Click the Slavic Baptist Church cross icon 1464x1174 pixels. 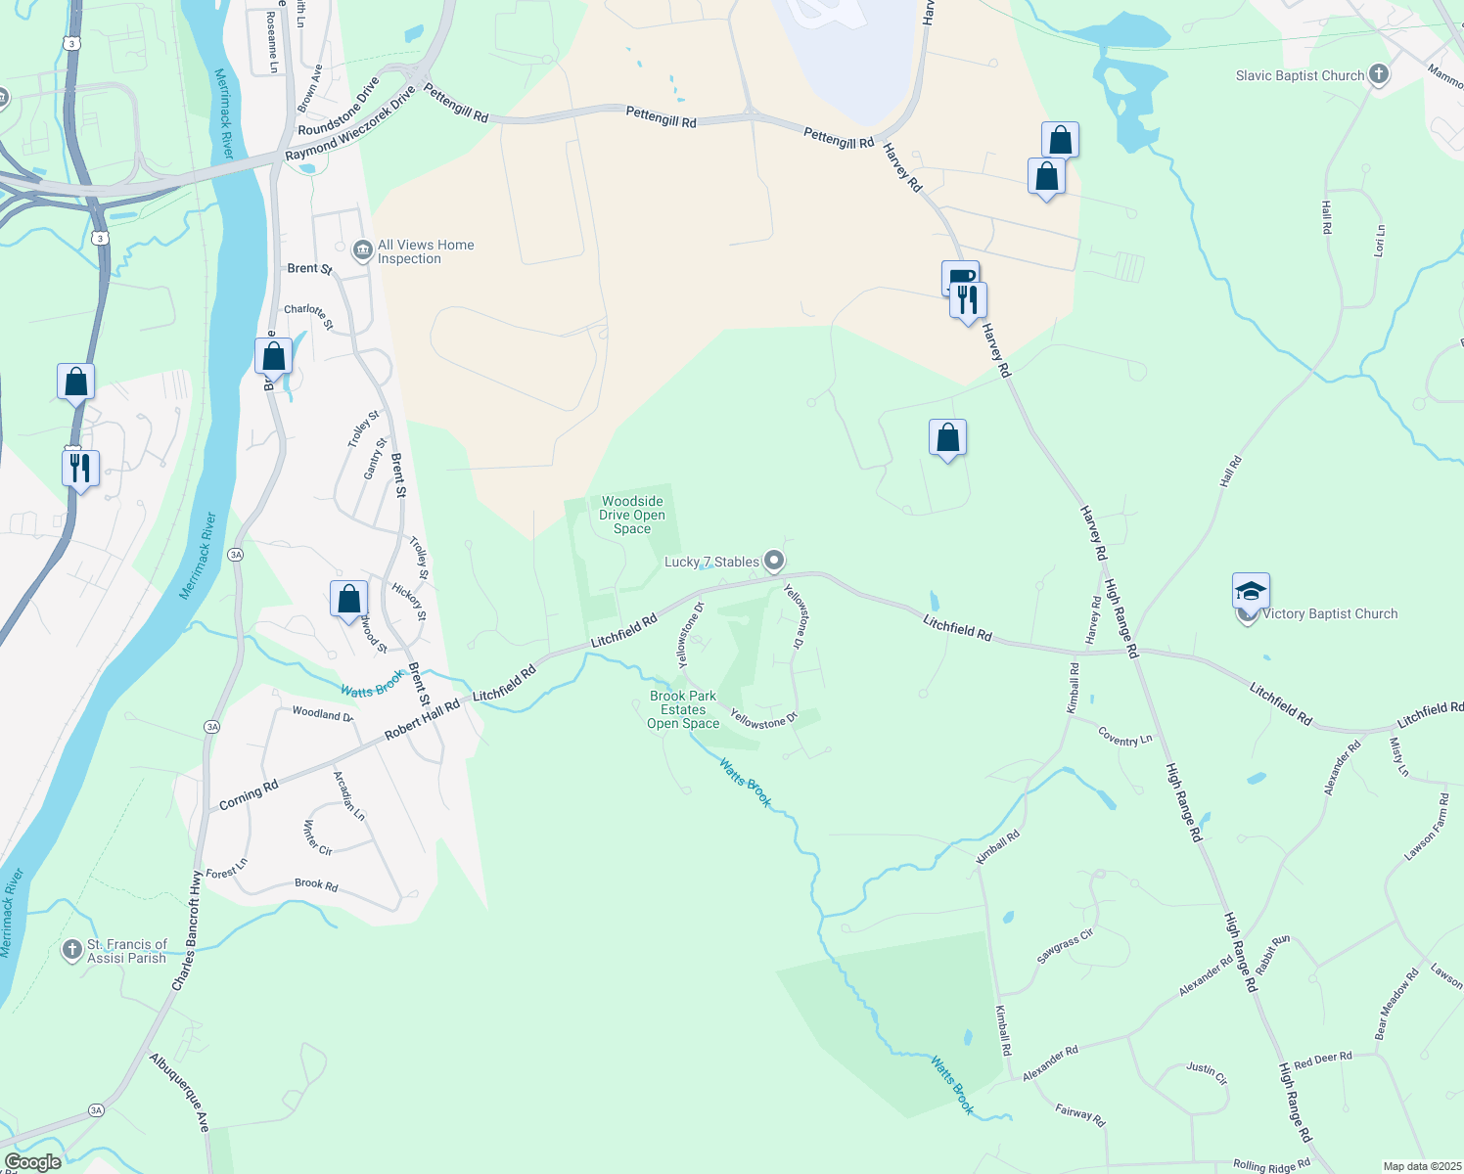[1378, 74]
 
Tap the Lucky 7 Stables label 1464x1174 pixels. [711, 562]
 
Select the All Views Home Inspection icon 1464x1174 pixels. [363, 251]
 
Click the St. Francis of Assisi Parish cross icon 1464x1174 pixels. [71, 950]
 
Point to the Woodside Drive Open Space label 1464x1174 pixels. [632, 515]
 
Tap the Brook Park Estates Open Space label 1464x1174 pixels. [683, 710]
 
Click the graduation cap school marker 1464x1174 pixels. [1251, 591]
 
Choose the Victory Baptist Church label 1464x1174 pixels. [1330, 614]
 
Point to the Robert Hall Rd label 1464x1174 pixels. [422, 720]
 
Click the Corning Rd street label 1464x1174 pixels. [249, 795]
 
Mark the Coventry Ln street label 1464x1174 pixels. [1124, 737]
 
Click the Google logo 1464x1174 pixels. [33, 1162]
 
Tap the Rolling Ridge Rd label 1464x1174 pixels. [1271, 1165]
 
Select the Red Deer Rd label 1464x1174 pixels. [1322, 1060]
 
